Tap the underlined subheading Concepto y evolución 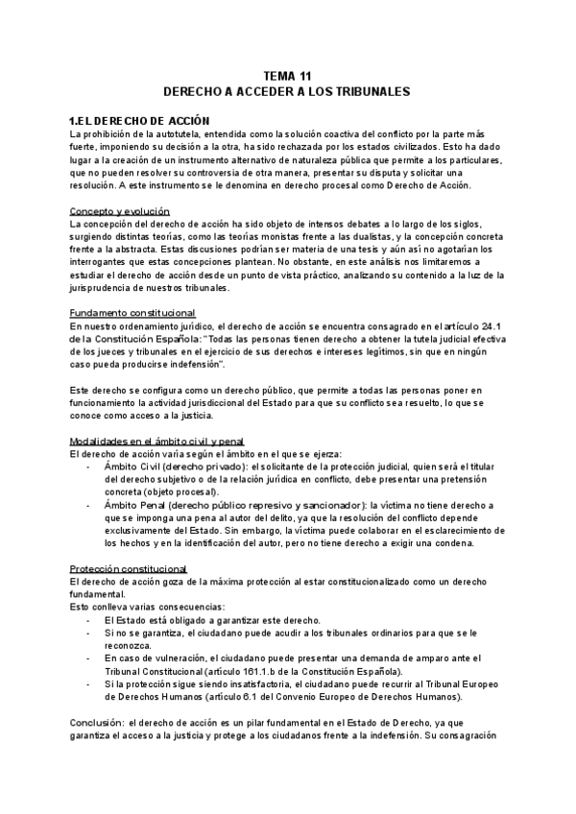pyautogui.click(x=120, y=209)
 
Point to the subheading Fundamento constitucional pyautogui.click(x=132, y=313)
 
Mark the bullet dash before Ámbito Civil pyautogui.click(x=88, y=466)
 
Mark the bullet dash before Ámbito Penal pyautogui.click(x=88, y=504)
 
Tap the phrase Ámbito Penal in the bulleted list pyautogui.click(x=133, y=504)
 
